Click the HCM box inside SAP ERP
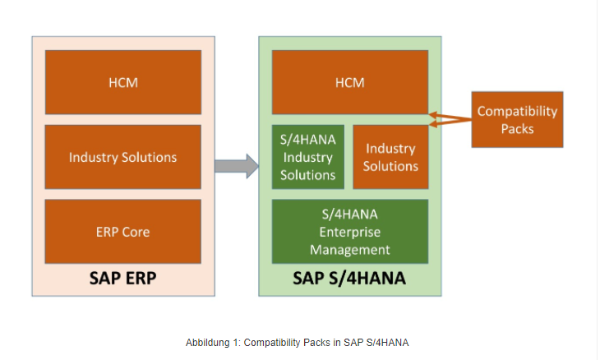[x=122, y=82]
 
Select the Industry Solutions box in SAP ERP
[x=122, y=157]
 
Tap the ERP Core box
[x=122, y=232]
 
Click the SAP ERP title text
[x=122, y=278]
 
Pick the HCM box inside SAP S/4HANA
[x=349, y=82]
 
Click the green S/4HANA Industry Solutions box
[x=307, y=157]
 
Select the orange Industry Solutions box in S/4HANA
[x=391, y=157]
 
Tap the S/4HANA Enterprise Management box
[x=349, y=232]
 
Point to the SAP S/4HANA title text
[x=349, y=278]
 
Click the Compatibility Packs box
[x=517, y=119]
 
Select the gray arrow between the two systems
[x=237, y=165]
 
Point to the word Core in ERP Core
[x=136, y=232]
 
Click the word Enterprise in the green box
[x=349, y=232]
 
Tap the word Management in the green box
[x=349, y=249]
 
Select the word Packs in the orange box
[x=517, y=128]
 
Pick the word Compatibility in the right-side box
[x=517, y=111]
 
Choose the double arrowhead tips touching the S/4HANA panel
[x=433, y=119]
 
